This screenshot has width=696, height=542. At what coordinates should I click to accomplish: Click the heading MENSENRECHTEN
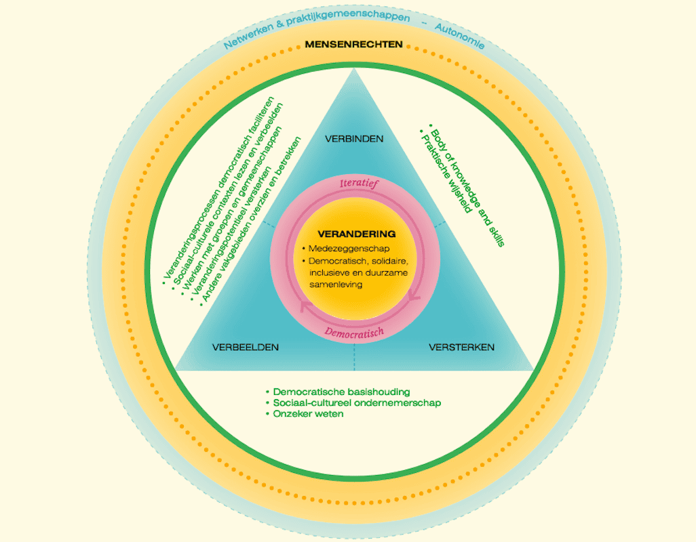point(353,45)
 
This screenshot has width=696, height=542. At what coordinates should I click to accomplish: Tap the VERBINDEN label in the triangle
point(354,139)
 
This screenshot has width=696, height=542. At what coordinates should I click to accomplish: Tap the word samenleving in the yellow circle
point(335,285)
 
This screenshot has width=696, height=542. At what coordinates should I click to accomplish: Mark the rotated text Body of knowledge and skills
point(467,186)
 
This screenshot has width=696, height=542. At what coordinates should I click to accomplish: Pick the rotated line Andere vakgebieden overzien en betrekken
point(252,221)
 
